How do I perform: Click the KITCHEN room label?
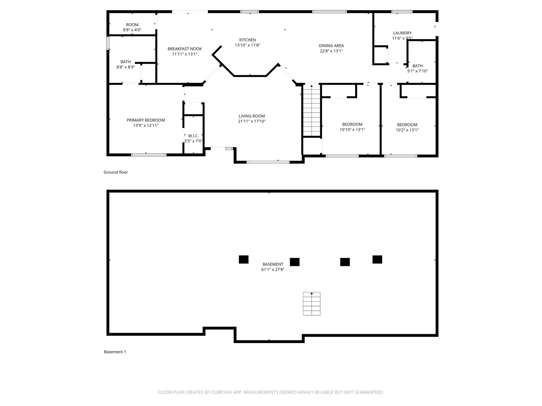point(247,40)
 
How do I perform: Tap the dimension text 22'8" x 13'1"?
point(331,51)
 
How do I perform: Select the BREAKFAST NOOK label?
point(184,49)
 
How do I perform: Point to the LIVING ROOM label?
point(251,116)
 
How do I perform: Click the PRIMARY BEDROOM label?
point(146,120)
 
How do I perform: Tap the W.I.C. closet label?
point(193,136)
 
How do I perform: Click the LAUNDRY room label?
point(402,33)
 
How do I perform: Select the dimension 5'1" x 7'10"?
point(417,71)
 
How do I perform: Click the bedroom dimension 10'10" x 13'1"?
point(352,130)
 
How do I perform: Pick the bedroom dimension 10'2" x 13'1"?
point(407,130)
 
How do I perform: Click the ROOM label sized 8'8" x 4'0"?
point(132,25)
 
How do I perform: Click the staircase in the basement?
point(311,304)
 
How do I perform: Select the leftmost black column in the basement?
point(243,259)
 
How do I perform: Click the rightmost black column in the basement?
point(377,259)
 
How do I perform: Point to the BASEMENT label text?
point(273,264)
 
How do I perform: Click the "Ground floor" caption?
point(116,172)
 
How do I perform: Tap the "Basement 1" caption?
point(115,352)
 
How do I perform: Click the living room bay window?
point(268,162)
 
